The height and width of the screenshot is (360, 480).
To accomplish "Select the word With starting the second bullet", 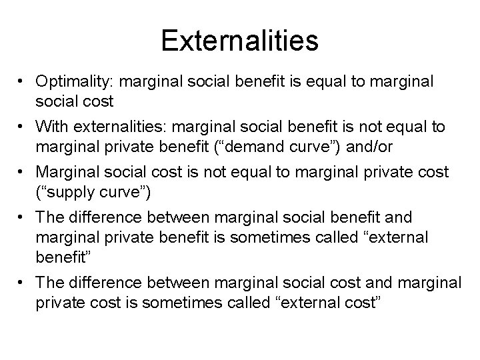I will tap(53, 126).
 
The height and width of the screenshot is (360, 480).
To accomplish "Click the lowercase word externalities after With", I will tap(111, 126).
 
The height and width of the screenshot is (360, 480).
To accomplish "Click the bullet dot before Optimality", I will tap(23, 82).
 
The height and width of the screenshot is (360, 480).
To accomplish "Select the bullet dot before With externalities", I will tap(23, 127).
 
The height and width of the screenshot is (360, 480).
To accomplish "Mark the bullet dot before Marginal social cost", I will tap(23, 172).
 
